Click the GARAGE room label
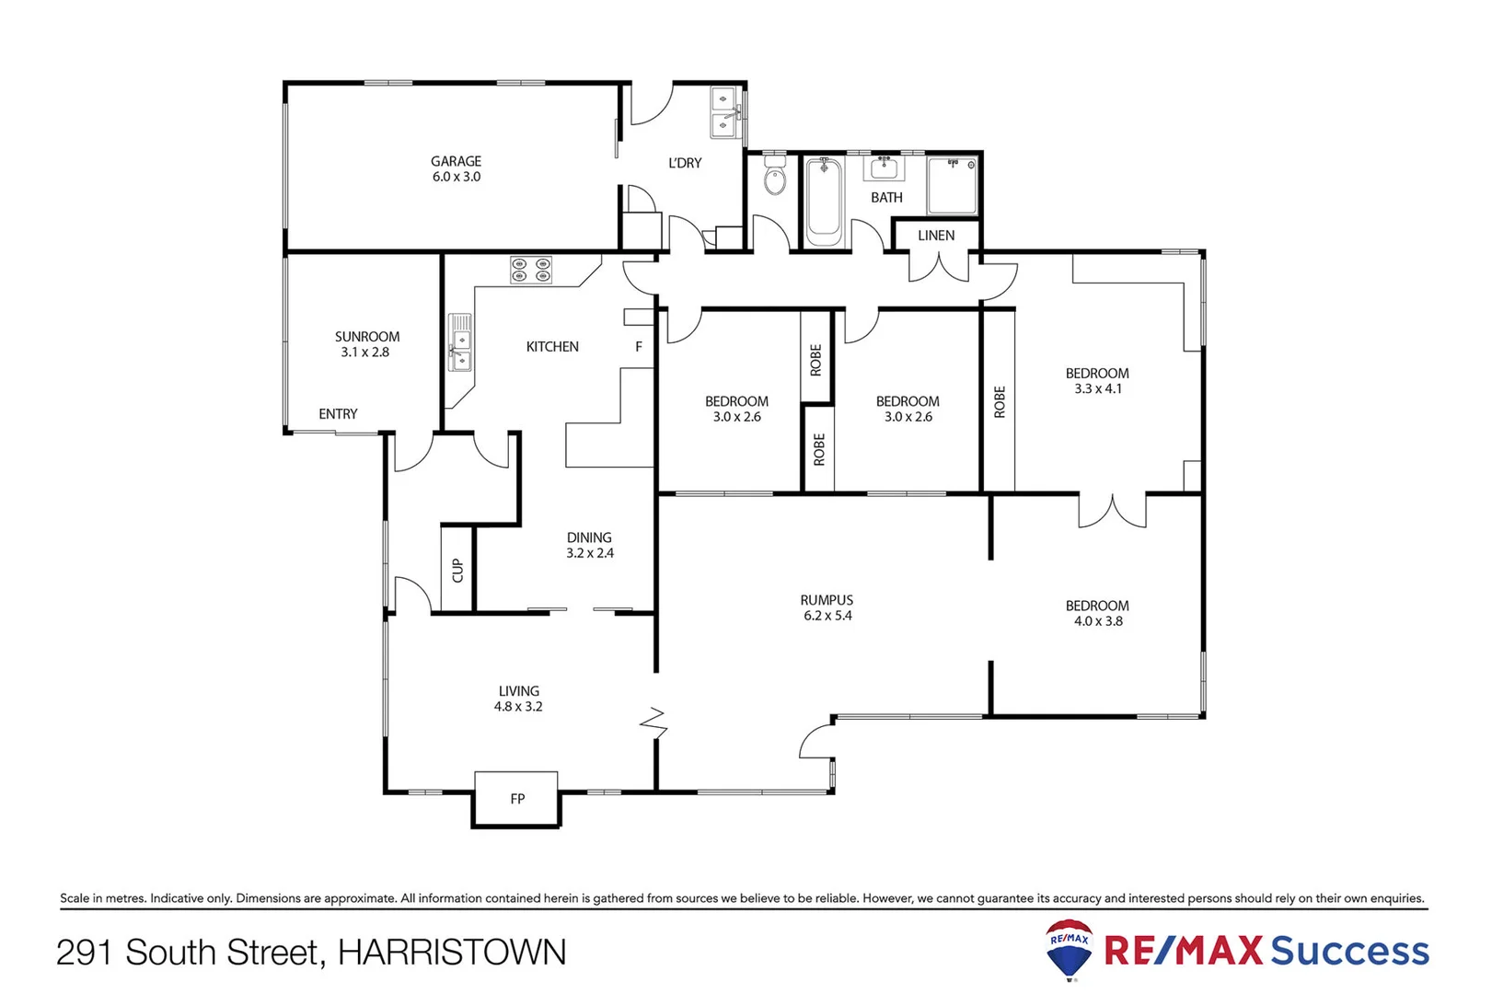point(456,161)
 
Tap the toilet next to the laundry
point(775,178)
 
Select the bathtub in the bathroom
point(824,202)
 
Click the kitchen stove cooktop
point(531,270)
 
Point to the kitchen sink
point(459,342)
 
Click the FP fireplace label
point(517,799)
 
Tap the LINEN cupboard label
point(936,236)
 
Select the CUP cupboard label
point(457,571)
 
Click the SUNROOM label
point(366,337)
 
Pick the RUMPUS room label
point(827,600)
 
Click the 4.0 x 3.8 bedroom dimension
point(1098,621)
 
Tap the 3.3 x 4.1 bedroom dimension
point(1097,388)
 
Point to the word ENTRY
point(338,414)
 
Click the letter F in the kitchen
point(639,347)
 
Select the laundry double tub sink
point(724,112)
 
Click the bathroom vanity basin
point(884,168)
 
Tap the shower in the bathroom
point(953,186)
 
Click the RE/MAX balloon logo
point(1070,948)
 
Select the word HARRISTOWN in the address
point(452,953)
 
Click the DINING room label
point(589,537)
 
